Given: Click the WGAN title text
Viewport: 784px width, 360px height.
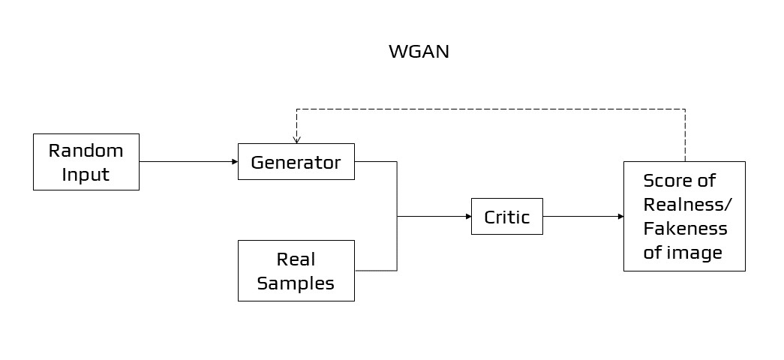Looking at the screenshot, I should point(419,52).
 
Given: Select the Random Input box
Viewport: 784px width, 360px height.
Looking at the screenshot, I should point(86,162).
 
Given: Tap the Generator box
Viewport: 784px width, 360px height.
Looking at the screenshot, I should point(296,162).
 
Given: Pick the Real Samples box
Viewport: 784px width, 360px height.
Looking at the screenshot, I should point(296,271).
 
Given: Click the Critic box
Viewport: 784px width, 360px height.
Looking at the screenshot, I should point(506,217).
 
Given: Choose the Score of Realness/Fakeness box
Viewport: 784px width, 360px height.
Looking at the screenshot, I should point(684,216).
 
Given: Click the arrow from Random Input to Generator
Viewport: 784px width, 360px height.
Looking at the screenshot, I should point(188,161).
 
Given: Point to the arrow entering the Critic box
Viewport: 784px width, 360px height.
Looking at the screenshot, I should point(435,216).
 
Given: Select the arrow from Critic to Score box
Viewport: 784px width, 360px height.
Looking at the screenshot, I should point(583,216).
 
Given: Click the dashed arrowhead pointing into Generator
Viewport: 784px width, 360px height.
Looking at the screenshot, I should point(297,138).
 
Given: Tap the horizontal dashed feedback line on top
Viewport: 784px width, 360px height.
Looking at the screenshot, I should point(488,109).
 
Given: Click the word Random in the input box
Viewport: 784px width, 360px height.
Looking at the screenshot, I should point(86,150).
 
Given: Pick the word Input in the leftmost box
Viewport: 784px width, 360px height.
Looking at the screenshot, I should point(86,175).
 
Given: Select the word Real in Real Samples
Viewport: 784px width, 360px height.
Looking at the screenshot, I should point(296,259).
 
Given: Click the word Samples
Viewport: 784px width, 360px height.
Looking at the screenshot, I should point(296,283).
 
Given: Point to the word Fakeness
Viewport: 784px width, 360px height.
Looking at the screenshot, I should point(686,228).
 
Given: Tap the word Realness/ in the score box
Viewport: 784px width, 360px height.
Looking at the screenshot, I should point(687,204).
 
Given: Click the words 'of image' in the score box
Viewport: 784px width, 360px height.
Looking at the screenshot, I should point(683,252).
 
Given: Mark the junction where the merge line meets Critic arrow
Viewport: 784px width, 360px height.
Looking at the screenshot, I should point(397,216).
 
